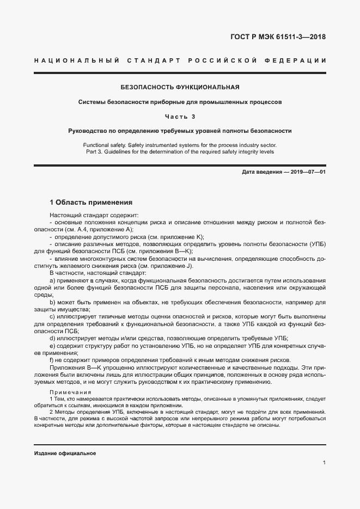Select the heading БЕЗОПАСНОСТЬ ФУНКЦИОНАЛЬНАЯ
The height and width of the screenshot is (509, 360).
pos(180,87)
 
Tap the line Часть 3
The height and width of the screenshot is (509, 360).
pos(180,116)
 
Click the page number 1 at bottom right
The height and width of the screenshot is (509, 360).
pos(324,463)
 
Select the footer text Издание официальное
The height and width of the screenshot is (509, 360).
pos(65,453)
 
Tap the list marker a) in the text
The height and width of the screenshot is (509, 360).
pos(52,279)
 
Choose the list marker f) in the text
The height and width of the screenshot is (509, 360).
pos(52,360)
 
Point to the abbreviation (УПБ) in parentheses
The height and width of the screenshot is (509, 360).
pos(315,244)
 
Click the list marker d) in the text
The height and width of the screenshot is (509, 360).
pos(52,338)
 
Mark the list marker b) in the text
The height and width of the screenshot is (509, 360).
pos(52,302)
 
